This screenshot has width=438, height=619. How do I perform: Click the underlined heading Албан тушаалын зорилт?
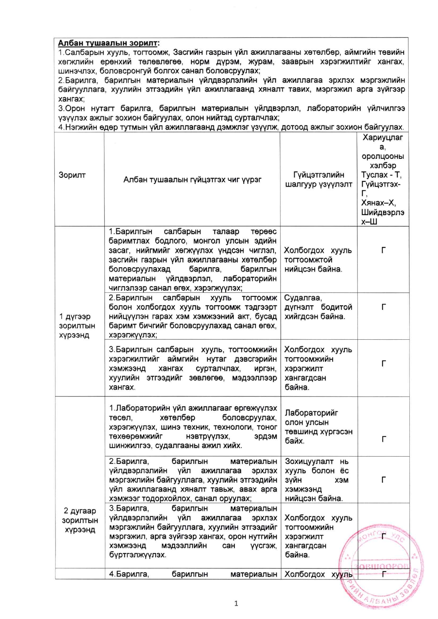(x=108, y=43)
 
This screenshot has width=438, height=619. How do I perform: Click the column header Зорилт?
(x=72, y=175)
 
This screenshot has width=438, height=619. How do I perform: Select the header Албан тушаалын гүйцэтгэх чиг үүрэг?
(x=192, y=180)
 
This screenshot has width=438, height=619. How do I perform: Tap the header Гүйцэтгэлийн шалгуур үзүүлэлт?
(x=319, y=179)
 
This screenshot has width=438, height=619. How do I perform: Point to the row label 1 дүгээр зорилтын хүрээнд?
(x=77, y=326)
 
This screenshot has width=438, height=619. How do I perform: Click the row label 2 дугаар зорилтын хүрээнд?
(x=80, y=520)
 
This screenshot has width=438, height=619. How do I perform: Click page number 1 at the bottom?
(x=236, y=603)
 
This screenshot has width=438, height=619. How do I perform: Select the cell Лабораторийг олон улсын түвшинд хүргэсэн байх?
(x=318, y=427)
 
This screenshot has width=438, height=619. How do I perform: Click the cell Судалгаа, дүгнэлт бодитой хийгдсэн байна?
(x=318, y=307)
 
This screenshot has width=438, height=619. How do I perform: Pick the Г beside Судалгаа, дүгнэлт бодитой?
(x=384, y=307)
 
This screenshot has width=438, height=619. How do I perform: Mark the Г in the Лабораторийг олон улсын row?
(x=384, y=439)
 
